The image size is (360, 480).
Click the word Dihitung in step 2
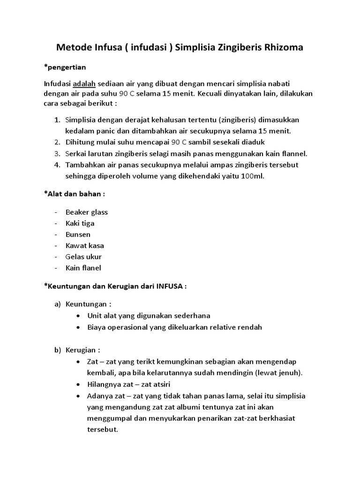(x=80, y=142)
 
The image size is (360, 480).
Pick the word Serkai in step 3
(x=76, y=153)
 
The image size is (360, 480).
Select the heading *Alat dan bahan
(x=75, y=194)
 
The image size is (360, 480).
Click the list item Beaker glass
(x=87, y=212)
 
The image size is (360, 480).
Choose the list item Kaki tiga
(x=80, y=223)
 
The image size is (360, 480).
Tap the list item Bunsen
(x=78, y=234)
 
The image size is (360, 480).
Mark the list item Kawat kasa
(x=85, y=246)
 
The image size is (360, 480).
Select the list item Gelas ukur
(x=83, y=257)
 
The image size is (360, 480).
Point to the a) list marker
(x=58, y=304)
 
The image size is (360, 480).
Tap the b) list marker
(x=58, y=350)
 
